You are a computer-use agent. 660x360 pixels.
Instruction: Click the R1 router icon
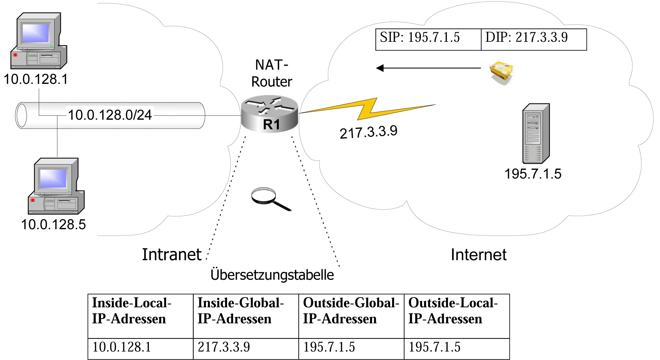[x=269, y=114]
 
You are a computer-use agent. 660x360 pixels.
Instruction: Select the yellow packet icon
[x=502, y=72]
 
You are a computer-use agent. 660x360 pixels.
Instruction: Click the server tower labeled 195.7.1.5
[x=536, y=133]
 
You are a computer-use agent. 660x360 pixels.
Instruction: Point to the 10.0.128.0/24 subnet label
[x=110, y=115]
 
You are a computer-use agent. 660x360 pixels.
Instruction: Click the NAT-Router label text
[x=272, y=73]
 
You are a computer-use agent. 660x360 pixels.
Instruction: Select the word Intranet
[x=172, y=254]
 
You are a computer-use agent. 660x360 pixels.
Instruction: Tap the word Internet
[x=479, y=255]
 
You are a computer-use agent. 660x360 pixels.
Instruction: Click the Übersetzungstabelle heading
[x=272, y=275]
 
